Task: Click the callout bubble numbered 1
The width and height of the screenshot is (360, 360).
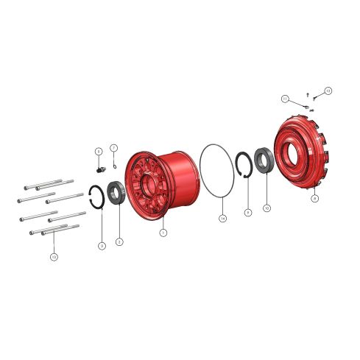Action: pyautogui.click(x=163, y=233)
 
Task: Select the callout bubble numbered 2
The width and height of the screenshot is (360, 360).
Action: pyautogui.click(x=119, y=241)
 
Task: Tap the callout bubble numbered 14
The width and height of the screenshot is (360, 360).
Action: pyautogui.click(x=222, y=218)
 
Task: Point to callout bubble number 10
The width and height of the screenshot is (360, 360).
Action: pyautogui.click(x=267, y=208)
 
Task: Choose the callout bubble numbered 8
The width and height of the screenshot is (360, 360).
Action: pyautogui.click(x=314, y=198)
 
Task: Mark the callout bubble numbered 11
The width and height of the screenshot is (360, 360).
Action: pyautogui.click(x=284, y=98)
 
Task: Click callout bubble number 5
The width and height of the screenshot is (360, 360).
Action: pyautogui.click(x=98, y=151)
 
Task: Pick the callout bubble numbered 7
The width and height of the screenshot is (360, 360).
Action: pyautogui.click(x=114, y=147)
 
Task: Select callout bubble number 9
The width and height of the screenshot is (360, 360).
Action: pyautogui.click(x=248, y=212)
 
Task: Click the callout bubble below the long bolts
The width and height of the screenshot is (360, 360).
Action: pyautogui.click(x=54, y=257)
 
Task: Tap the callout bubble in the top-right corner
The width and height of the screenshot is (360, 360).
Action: pyautogui.click(x=328, y=91)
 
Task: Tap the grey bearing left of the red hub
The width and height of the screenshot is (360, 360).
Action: pyautogui.click(x=116, y=192)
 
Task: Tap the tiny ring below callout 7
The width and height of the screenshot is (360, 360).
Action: pyautogui.click(x=115, y=163)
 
